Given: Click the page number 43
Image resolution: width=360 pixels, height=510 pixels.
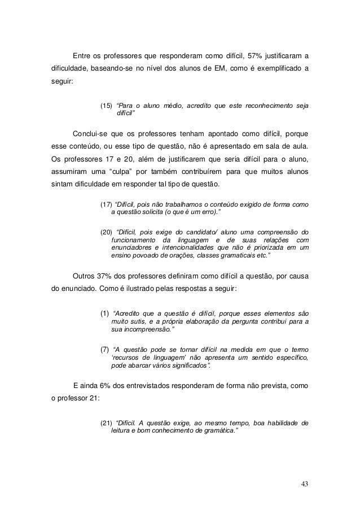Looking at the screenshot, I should point(305,485).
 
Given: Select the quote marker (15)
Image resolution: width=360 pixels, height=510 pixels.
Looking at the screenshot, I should point(106,105).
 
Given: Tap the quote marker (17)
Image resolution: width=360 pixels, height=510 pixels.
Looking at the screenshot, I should point(106,204).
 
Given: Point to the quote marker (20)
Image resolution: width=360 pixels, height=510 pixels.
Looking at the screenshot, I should point(106,232).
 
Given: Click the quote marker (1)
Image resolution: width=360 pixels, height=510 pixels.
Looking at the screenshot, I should point(104,312).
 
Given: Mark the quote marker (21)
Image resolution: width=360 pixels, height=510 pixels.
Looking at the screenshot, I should point(106,423).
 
